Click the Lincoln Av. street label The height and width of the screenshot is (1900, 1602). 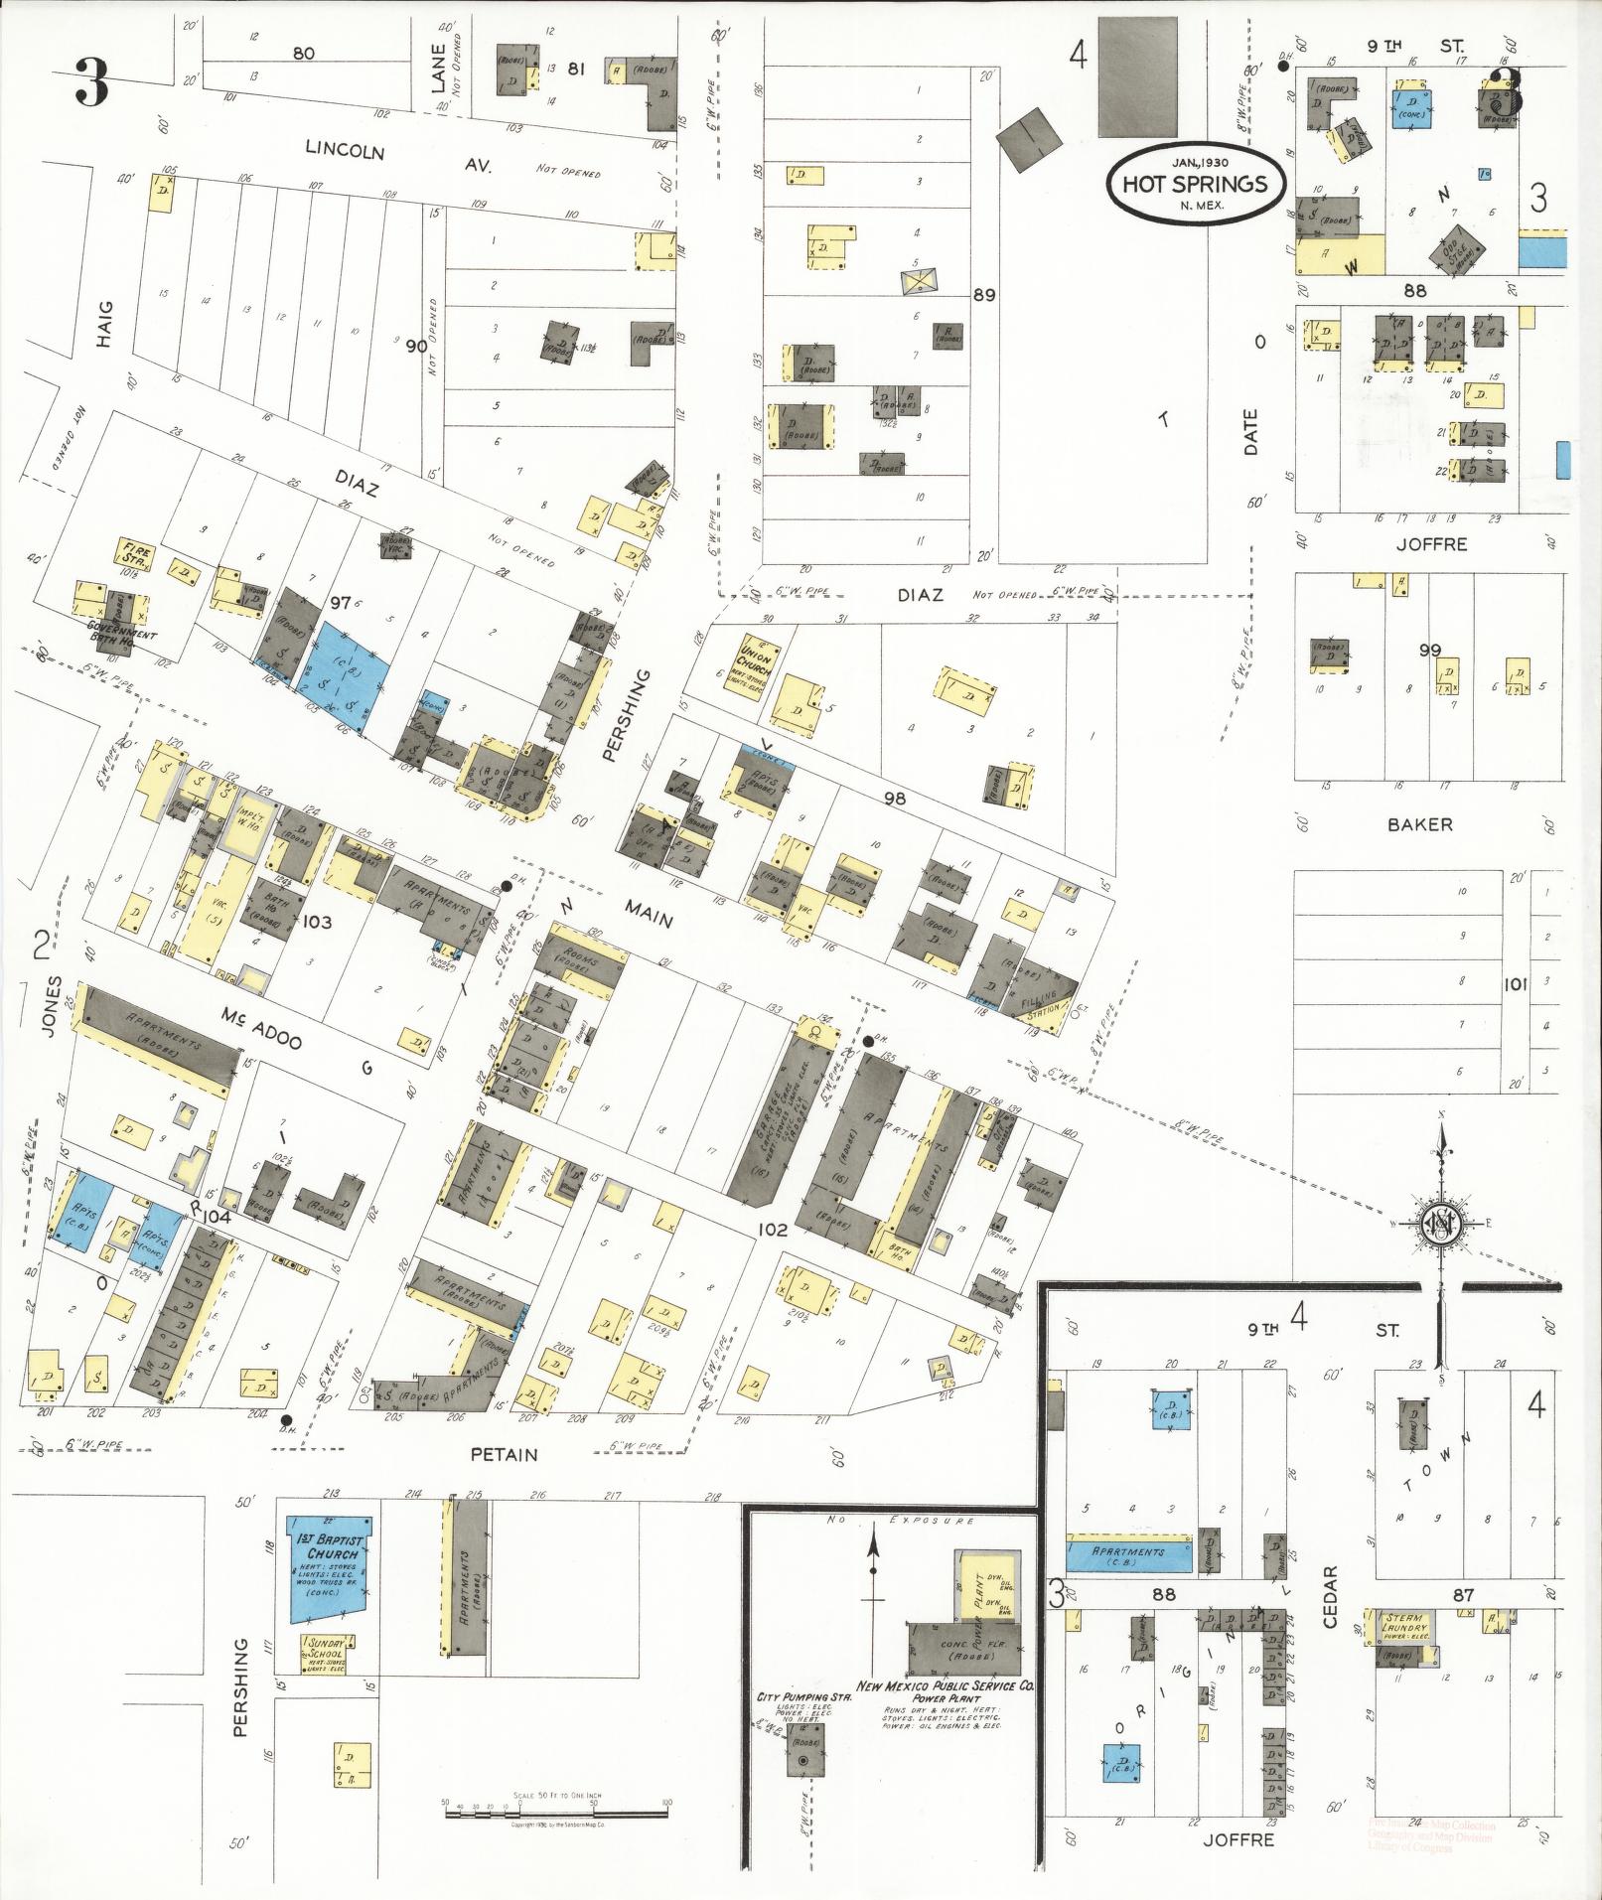(x=397, y=158)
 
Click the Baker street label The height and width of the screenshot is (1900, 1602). (x=1420, y=824)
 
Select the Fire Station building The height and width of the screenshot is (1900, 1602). (x=131, y=551)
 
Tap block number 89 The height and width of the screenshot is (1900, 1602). (x=984, y=295)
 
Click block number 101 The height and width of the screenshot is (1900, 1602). (x=1515, y=984)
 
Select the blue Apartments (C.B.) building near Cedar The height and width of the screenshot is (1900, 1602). (x=1128, y=1552)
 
